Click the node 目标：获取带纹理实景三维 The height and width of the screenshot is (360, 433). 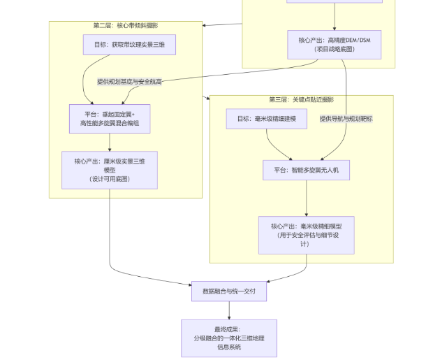[129, 45]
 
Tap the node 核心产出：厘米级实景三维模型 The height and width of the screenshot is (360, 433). [109, 170]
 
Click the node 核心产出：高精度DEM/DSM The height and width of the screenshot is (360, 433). [335, 44]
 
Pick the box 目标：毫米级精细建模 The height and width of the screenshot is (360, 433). [267, 119]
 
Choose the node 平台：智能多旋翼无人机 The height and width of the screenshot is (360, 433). [306, 170]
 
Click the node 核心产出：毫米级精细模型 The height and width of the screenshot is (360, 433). [306, 234]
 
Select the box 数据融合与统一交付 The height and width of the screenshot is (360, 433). [229, 291]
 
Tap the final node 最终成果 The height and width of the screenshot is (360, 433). [229, 338]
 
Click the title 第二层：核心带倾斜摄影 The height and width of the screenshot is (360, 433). [126, 26]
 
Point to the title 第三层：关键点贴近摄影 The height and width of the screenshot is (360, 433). [301, 99]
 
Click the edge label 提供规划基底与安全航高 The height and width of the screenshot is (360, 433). [130, 82]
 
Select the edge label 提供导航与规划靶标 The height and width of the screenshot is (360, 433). [346, 119]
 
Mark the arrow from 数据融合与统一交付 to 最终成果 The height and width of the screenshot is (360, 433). [229, 310]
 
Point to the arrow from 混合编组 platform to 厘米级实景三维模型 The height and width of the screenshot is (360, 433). [109, 142]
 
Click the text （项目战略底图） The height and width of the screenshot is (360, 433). [335, 49]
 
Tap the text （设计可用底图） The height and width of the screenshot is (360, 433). [109, 179]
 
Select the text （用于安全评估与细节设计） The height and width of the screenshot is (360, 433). [306, 239]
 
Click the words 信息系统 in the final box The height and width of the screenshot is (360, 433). [229, 347]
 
